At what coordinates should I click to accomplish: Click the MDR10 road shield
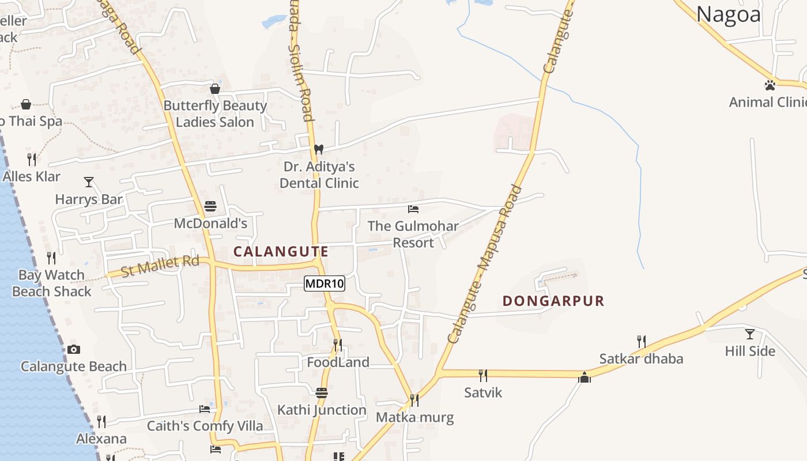tap(325, 283)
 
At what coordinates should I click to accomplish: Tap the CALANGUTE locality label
tap(281, 251)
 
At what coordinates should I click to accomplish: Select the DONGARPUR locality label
tap(553, 301)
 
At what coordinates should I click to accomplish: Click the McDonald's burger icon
tap(210, 206)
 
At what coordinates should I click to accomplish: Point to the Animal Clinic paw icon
tap(770, 85)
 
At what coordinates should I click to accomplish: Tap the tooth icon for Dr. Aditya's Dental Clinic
tap(318, 149)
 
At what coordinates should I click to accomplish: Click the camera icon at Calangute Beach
tap(73, 349)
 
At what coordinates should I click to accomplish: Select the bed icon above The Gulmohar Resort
tap(413, 209)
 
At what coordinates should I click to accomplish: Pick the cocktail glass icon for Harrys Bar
tap(89, 182)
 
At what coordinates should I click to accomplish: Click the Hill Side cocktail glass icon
tap(749, 334)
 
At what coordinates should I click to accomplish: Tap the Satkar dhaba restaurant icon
tap(640, 342)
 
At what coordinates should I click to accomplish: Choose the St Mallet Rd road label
tap(160, 266)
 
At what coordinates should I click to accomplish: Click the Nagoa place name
tap(729, 14)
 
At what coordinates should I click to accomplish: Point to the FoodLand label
tap(338, 362)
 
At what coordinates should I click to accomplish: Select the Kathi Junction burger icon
tap(322, 393)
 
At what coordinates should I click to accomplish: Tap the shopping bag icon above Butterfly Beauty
tap(215, 89)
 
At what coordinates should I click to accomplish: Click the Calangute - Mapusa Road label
tap(485, 265)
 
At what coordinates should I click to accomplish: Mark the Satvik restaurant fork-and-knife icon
tap(483, 376)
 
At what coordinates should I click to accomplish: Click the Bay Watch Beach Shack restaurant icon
tap(51, 258)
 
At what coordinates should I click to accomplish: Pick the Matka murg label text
tap(414, 417)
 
